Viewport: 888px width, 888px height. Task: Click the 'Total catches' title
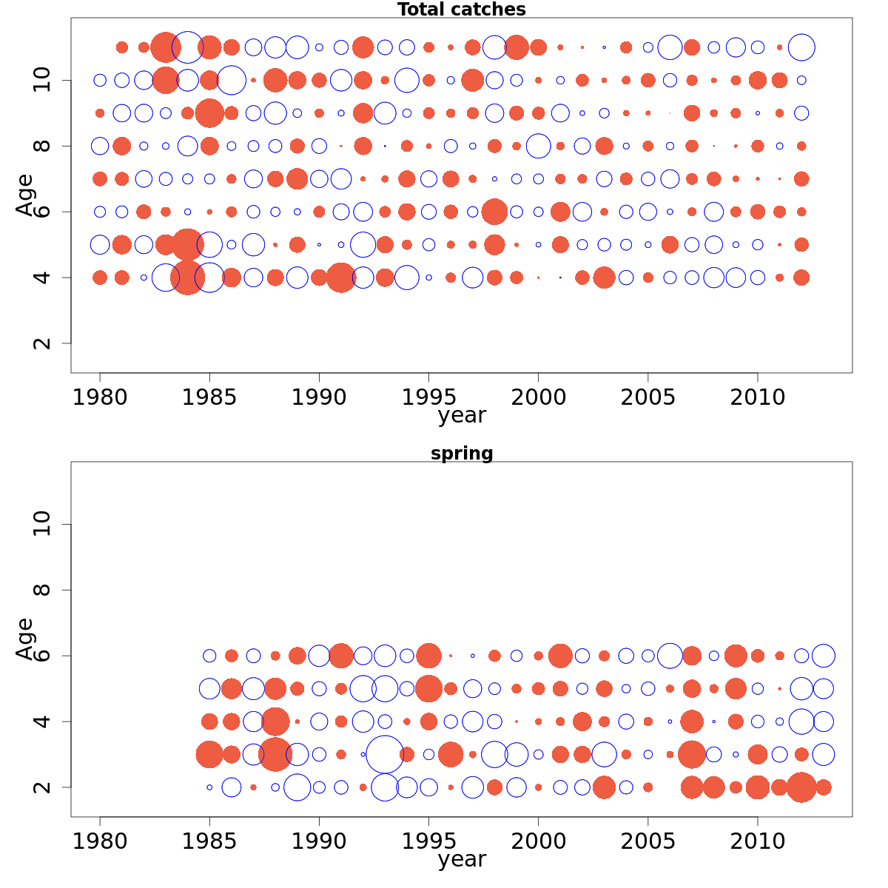[461, 10]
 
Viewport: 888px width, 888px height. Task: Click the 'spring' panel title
[461, 454]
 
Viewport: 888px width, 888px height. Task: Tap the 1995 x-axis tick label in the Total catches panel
[428, 397]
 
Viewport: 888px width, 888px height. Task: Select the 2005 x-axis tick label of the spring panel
[647, 841]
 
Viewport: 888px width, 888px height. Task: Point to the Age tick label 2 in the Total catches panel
[42, 343]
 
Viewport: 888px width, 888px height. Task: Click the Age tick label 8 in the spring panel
[42, 590]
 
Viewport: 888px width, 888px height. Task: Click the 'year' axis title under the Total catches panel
[461, 416]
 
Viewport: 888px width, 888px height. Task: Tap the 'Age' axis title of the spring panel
[25, 638]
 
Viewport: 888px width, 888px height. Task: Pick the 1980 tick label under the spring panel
[100, 841]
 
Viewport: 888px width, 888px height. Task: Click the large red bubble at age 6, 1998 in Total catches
[494, 212]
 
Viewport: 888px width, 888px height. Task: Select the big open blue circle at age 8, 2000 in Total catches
[538, 146]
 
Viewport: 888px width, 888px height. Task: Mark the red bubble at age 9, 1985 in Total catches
[209, 113]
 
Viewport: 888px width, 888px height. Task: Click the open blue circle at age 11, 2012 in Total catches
[801, 47]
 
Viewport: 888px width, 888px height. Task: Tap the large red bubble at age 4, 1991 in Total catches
[341, 277]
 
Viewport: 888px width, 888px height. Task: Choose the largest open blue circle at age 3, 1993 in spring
[385, 755]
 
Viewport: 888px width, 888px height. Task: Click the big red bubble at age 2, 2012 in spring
[801, 787]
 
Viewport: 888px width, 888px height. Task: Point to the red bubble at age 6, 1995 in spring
[428, 656]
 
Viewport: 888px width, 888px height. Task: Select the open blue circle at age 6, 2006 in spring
[670, 656]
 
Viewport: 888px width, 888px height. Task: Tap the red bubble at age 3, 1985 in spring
[209, 755]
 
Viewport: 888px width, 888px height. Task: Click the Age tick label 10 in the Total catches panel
[42, 80]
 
